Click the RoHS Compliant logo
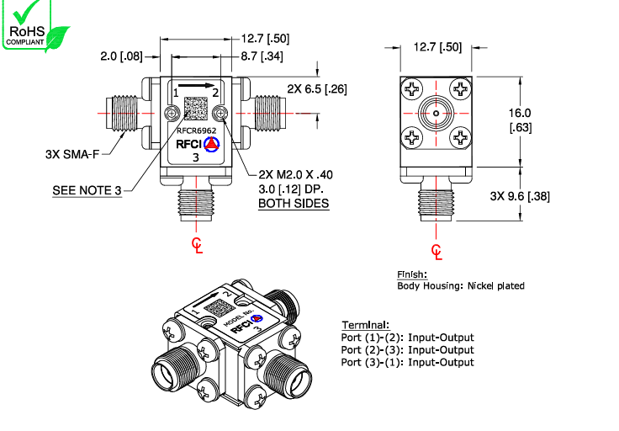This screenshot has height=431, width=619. (x=34, y=25)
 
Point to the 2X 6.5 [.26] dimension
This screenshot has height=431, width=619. (x=316, y=88)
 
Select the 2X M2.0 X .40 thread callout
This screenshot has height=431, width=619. (x=295, y=174)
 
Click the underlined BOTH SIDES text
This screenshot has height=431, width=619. (x=293, y=204)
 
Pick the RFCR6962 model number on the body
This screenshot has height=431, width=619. (x=196, y=130)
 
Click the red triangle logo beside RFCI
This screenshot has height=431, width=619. (x=212, y=144)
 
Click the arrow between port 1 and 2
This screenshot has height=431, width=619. (x=197, y=85)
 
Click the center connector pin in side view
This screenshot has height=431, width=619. (x=436, y=113)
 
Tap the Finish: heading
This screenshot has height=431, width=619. (x=412, y=275)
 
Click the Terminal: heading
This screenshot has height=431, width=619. (x=365, y=325)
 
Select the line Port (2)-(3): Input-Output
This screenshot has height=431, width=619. (x=408, y=350)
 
